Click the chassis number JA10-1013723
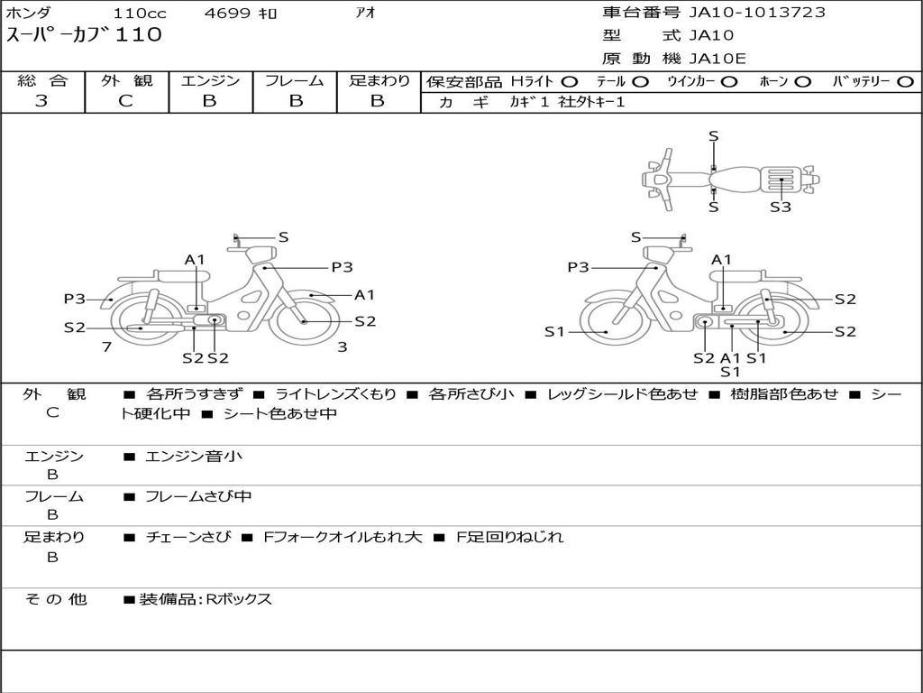click(x=757, y=13)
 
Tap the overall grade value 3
click(x=41, y=101)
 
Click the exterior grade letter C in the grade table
click(x=125, y=101)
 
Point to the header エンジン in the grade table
click(x=210, y=80)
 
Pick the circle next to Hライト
click(x=570, y=82)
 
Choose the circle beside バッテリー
click(x=905, y=82)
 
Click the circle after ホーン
click(x=803, y=82)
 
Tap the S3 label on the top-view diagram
click(x=781, y=207)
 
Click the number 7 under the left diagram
click(x=106, y=346)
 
